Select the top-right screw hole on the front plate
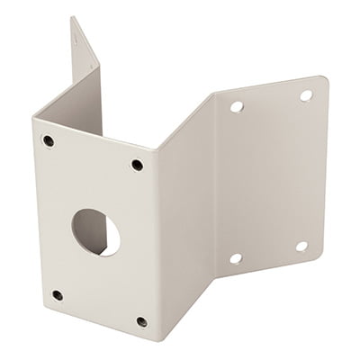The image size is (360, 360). tap(136, 165)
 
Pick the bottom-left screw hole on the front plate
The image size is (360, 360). tap(57, 294)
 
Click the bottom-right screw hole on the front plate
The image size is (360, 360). tap(140, 319)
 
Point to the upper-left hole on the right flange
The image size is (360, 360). tap(237, 106)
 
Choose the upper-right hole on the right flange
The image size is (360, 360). tap(305, 94)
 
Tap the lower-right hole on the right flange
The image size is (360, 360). tap(301, 245)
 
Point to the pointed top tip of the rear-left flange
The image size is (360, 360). tap(71, 15)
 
